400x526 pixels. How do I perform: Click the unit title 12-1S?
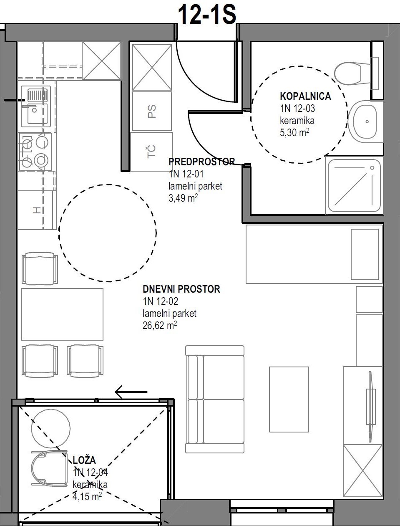207,15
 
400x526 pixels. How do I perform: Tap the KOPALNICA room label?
305,96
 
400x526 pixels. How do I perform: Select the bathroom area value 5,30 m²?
294,132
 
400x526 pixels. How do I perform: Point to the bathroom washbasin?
364,121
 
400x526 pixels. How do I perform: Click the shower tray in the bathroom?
354,186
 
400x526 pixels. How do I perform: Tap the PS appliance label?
152,111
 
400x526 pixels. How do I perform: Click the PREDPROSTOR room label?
201,162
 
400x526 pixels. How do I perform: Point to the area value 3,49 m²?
183,198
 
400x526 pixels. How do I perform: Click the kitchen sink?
36,106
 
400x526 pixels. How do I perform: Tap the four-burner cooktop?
35,152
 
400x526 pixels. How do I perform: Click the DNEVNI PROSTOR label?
181,289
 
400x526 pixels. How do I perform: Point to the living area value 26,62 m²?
160,326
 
